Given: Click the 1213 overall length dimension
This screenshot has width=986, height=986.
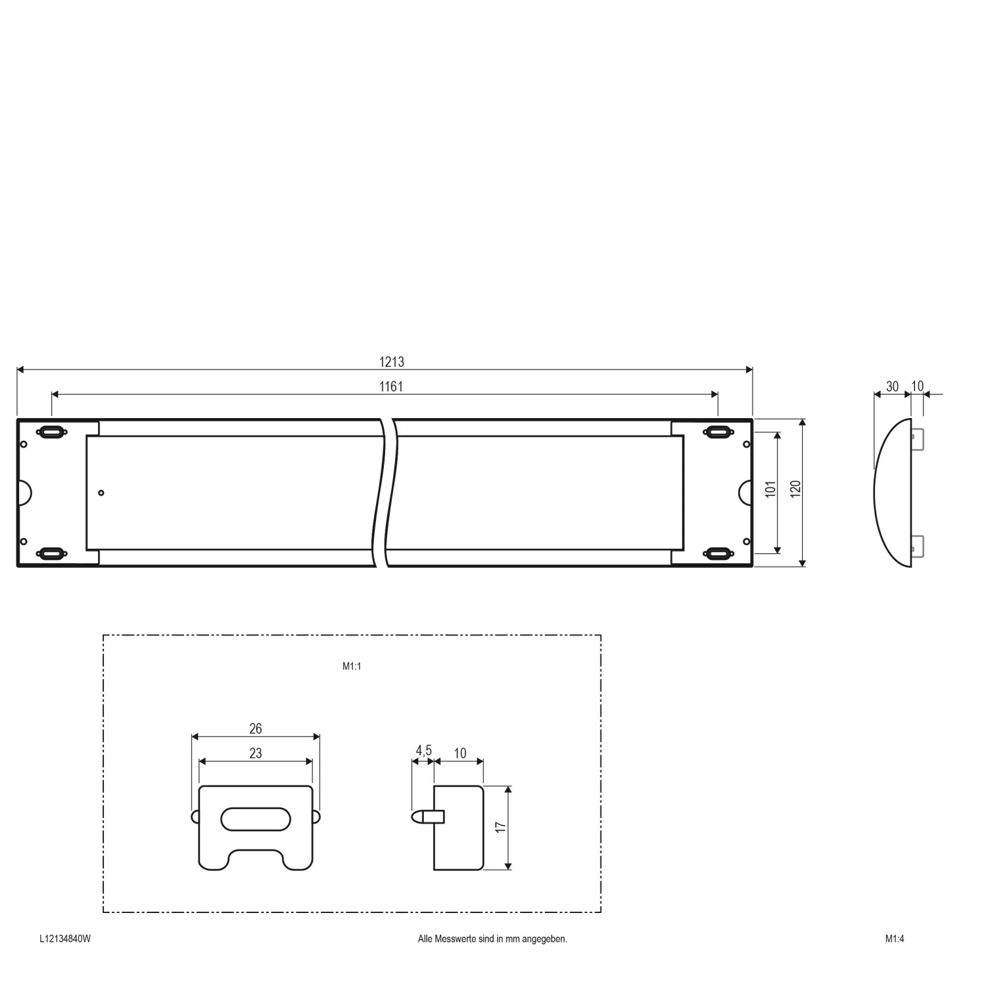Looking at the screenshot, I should click(391, 362).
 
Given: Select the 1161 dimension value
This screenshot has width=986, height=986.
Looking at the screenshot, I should click(391, 387).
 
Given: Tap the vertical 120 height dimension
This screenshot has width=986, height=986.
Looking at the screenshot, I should click(795, 489).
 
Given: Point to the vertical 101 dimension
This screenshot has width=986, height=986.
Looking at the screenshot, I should click(770, 489).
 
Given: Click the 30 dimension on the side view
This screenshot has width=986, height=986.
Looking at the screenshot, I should click(892, 387).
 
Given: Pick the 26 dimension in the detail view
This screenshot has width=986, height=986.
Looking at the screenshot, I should click(256, 728).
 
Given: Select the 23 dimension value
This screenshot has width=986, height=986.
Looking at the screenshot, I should click(256, 753).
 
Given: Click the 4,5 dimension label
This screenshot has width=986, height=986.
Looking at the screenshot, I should click(423, 751).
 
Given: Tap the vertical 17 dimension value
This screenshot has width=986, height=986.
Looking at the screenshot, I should click(501, 828).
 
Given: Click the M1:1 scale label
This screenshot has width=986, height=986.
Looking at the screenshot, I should click(352, 667).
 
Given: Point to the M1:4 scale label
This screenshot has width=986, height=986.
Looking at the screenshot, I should click(894, 939).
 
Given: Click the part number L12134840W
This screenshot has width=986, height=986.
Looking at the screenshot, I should click(65, 939).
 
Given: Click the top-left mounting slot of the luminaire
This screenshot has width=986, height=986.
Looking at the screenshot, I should click(52, 432).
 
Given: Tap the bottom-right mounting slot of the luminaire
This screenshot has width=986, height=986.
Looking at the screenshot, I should click(718, 553).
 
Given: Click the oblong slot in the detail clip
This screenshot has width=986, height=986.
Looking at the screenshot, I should click(256, 819).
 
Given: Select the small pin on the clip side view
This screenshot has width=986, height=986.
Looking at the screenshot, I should click(421, 816).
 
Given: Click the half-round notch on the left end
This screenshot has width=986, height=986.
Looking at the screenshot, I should click(24, 492).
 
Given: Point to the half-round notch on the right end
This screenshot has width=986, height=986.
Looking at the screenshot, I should click(745, 492).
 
